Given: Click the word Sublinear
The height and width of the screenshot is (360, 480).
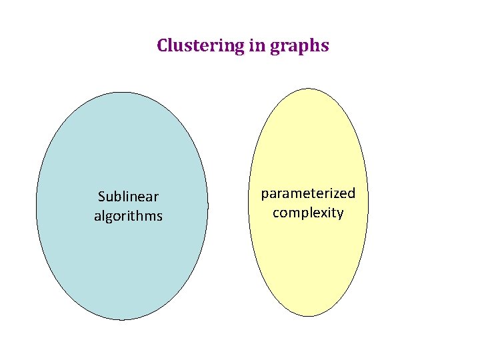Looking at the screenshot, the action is click(x=128, y=197).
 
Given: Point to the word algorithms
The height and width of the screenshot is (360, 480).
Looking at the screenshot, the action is click(x=128, y=216).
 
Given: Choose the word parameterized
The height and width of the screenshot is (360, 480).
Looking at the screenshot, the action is click(x=308, y=193).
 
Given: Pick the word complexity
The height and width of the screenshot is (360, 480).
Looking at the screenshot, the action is click(x=308, y=213).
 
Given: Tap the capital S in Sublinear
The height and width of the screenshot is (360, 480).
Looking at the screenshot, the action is click(x=101, y=197).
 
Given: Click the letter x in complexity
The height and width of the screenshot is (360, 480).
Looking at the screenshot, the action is click(x=327, y=213).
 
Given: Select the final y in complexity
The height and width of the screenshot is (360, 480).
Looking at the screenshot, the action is click(x=340, y=215).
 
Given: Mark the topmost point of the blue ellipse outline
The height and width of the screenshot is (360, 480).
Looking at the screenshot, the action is click(x=122, y=92).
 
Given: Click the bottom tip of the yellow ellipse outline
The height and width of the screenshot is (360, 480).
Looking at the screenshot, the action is click(x=309, y=316).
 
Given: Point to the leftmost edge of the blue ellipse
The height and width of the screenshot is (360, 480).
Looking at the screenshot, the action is click(x=36, y=206).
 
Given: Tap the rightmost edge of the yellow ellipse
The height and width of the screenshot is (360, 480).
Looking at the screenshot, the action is click(x=367, y=202).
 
